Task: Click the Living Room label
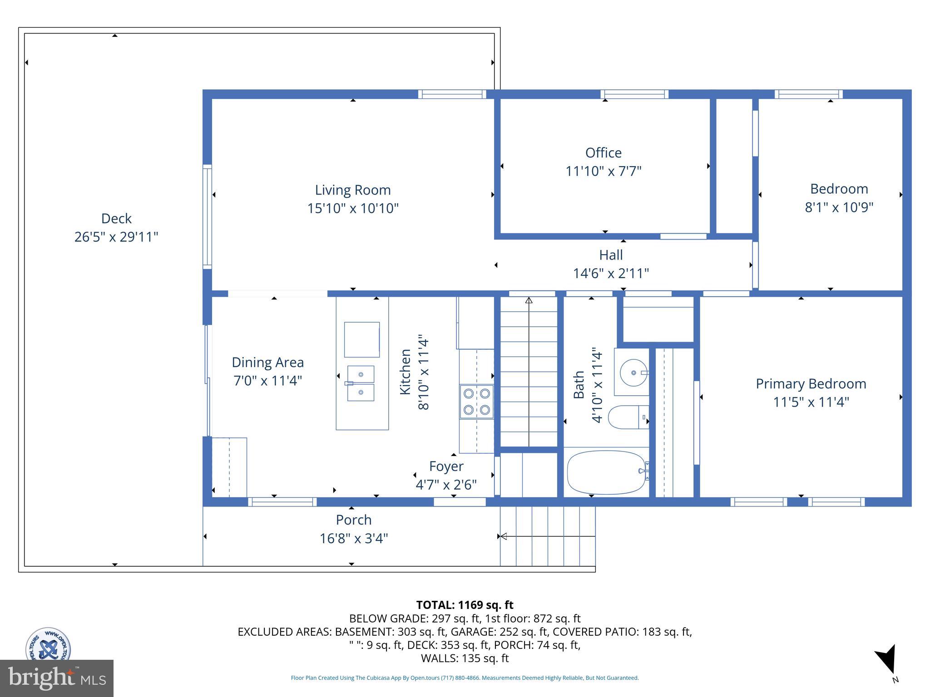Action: click(x=353, y=190)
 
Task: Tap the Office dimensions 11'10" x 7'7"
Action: click(x=603, y=172)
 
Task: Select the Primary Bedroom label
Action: click(x=811, y=384)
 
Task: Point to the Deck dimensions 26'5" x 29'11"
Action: click(x=116, y=237)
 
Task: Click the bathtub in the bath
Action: click(x=606, y=472)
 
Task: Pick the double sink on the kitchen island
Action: click(x=361, y=383)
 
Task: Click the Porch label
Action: click(x=354, y=520)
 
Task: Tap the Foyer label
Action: click(x=446, y=466)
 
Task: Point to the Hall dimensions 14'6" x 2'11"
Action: click(x=611, y=274)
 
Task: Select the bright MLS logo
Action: click(x=56, y=678)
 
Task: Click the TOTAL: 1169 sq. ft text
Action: click(x=465, y=605)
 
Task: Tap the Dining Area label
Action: click(x=267, y=363)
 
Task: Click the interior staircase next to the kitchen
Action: click(x=529, y=372)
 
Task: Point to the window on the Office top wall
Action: click(x=634, y=94)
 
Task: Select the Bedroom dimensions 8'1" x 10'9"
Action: click(x=839, y=207)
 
